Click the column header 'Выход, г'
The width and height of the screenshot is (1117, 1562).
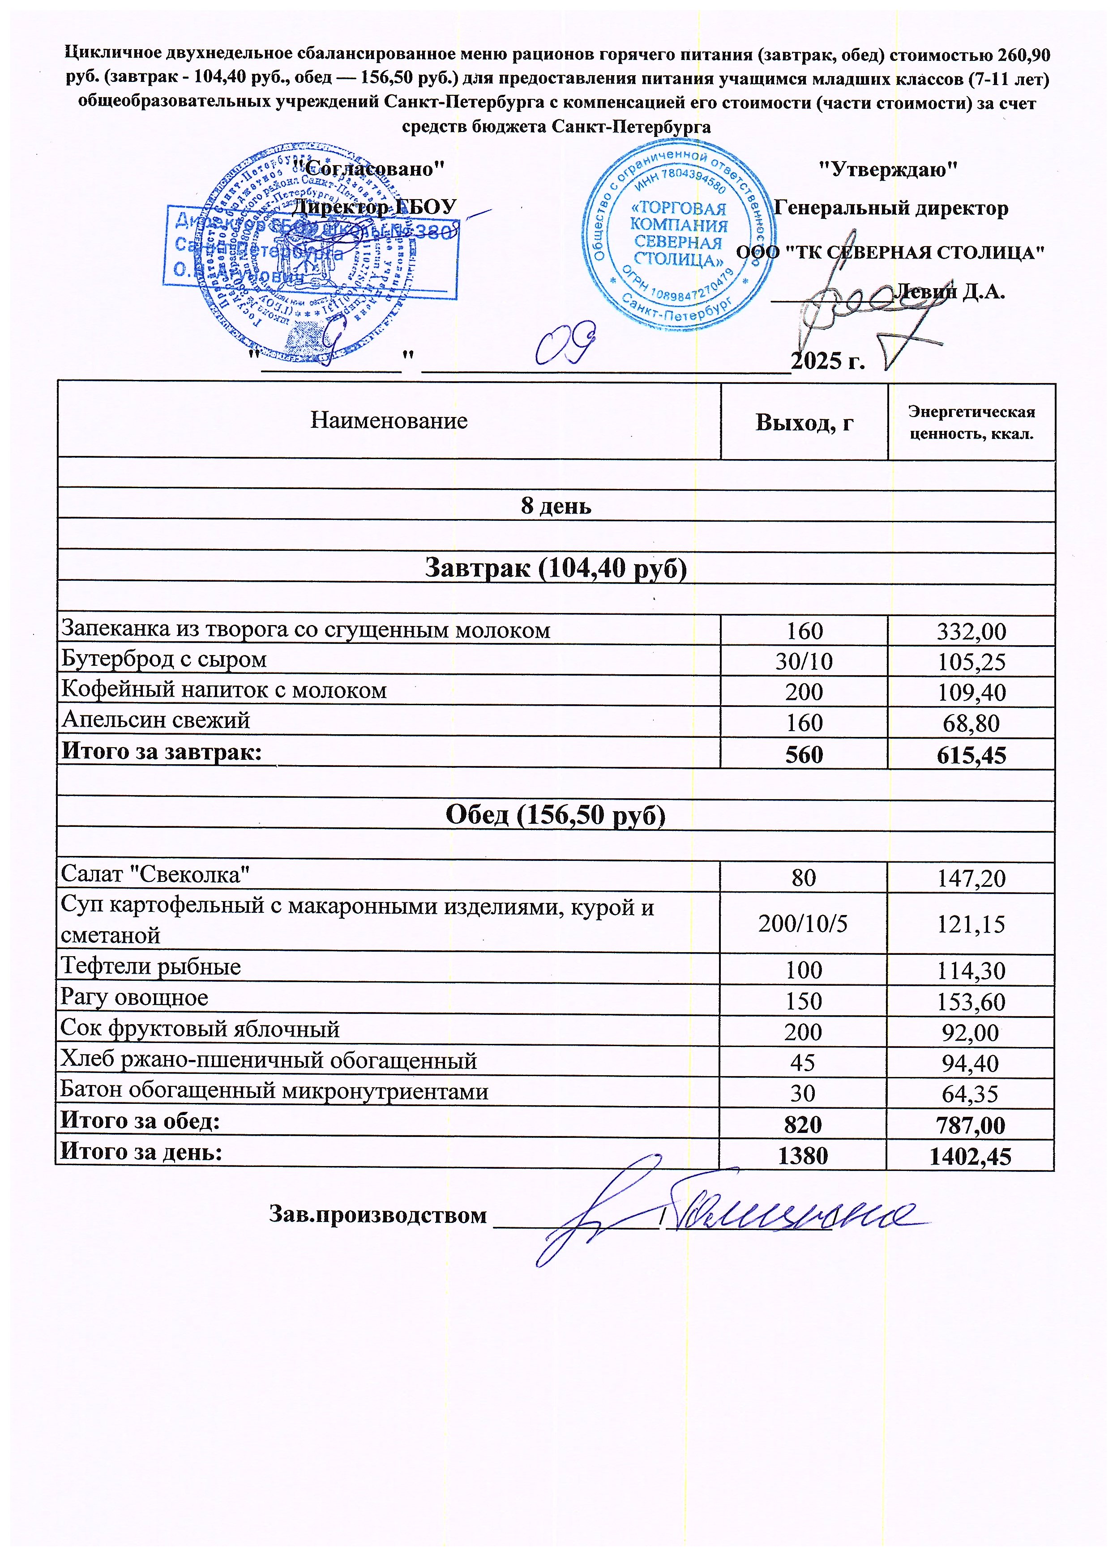[x=804, y=422]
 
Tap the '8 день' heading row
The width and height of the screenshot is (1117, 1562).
[x=556, y=506]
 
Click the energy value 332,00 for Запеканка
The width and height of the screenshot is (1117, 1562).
[x=971, y=631]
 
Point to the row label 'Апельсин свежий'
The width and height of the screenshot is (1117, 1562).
[x=156, y=720]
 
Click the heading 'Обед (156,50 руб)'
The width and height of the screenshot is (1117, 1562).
[x=556, y=815]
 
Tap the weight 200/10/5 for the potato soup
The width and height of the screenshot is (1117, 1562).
[x=803, y=924]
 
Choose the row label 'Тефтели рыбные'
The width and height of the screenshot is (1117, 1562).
[x=150, y=966]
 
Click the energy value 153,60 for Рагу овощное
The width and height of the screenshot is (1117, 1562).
[x=971, y=1002]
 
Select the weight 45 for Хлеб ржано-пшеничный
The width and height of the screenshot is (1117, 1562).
[x=803, y=1063]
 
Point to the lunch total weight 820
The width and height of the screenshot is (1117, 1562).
[x=803, y=1125]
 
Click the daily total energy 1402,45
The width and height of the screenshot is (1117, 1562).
[x=971, y=1156]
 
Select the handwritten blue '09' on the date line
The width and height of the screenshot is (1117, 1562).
[x=565, y=346]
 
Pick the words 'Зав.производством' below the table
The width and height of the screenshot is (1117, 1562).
[x=377, y=1215]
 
